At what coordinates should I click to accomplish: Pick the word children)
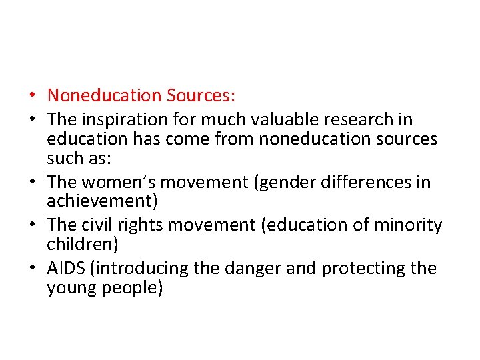tap(83, 244)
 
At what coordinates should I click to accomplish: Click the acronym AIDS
tap(65, 268)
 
